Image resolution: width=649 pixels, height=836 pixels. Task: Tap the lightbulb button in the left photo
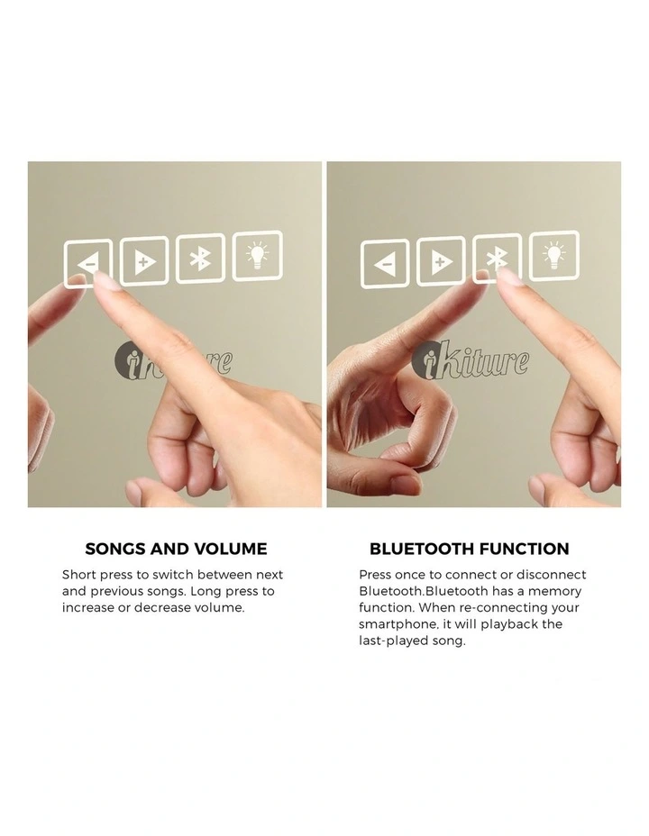[x=258, y=255]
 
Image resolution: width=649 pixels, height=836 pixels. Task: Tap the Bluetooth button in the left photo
[x=200, y=259]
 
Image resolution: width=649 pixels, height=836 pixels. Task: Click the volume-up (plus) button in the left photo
[x=144, y=261]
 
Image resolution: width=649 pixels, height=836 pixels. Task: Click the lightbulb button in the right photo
[x=554, y=255]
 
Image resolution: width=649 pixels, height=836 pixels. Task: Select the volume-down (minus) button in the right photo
[x=385, y=264]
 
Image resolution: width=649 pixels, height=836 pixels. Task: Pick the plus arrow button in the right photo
[x=441, y=261]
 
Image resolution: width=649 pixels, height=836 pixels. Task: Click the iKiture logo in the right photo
[x=471, y=361]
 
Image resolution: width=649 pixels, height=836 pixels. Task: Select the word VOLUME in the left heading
[x=231, y=549]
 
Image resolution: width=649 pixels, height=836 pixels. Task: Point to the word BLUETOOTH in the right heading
[x=422, y=549]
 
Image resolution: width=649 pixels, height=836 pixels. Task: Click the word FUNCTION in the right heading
[x=525, y=549]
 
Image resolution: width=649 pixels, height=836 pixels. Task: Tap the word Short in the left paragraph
[x=79, y=575]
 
